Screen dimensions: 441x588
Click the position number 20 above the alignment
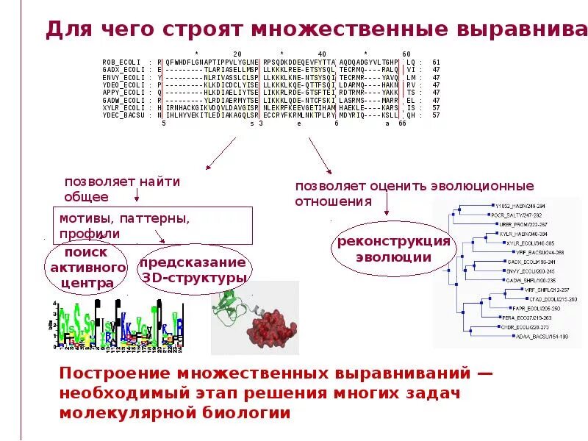tap(237, 54)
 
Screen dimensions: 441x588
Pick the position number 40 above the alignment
tap(321, 54)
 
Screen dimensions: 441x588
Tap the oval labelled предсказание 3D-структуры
tap(193, 270)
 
